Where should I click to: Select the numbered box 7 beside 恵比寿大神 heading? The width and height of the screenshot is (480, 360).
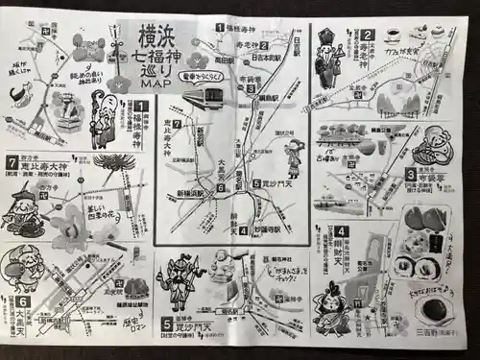point(12,164)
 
